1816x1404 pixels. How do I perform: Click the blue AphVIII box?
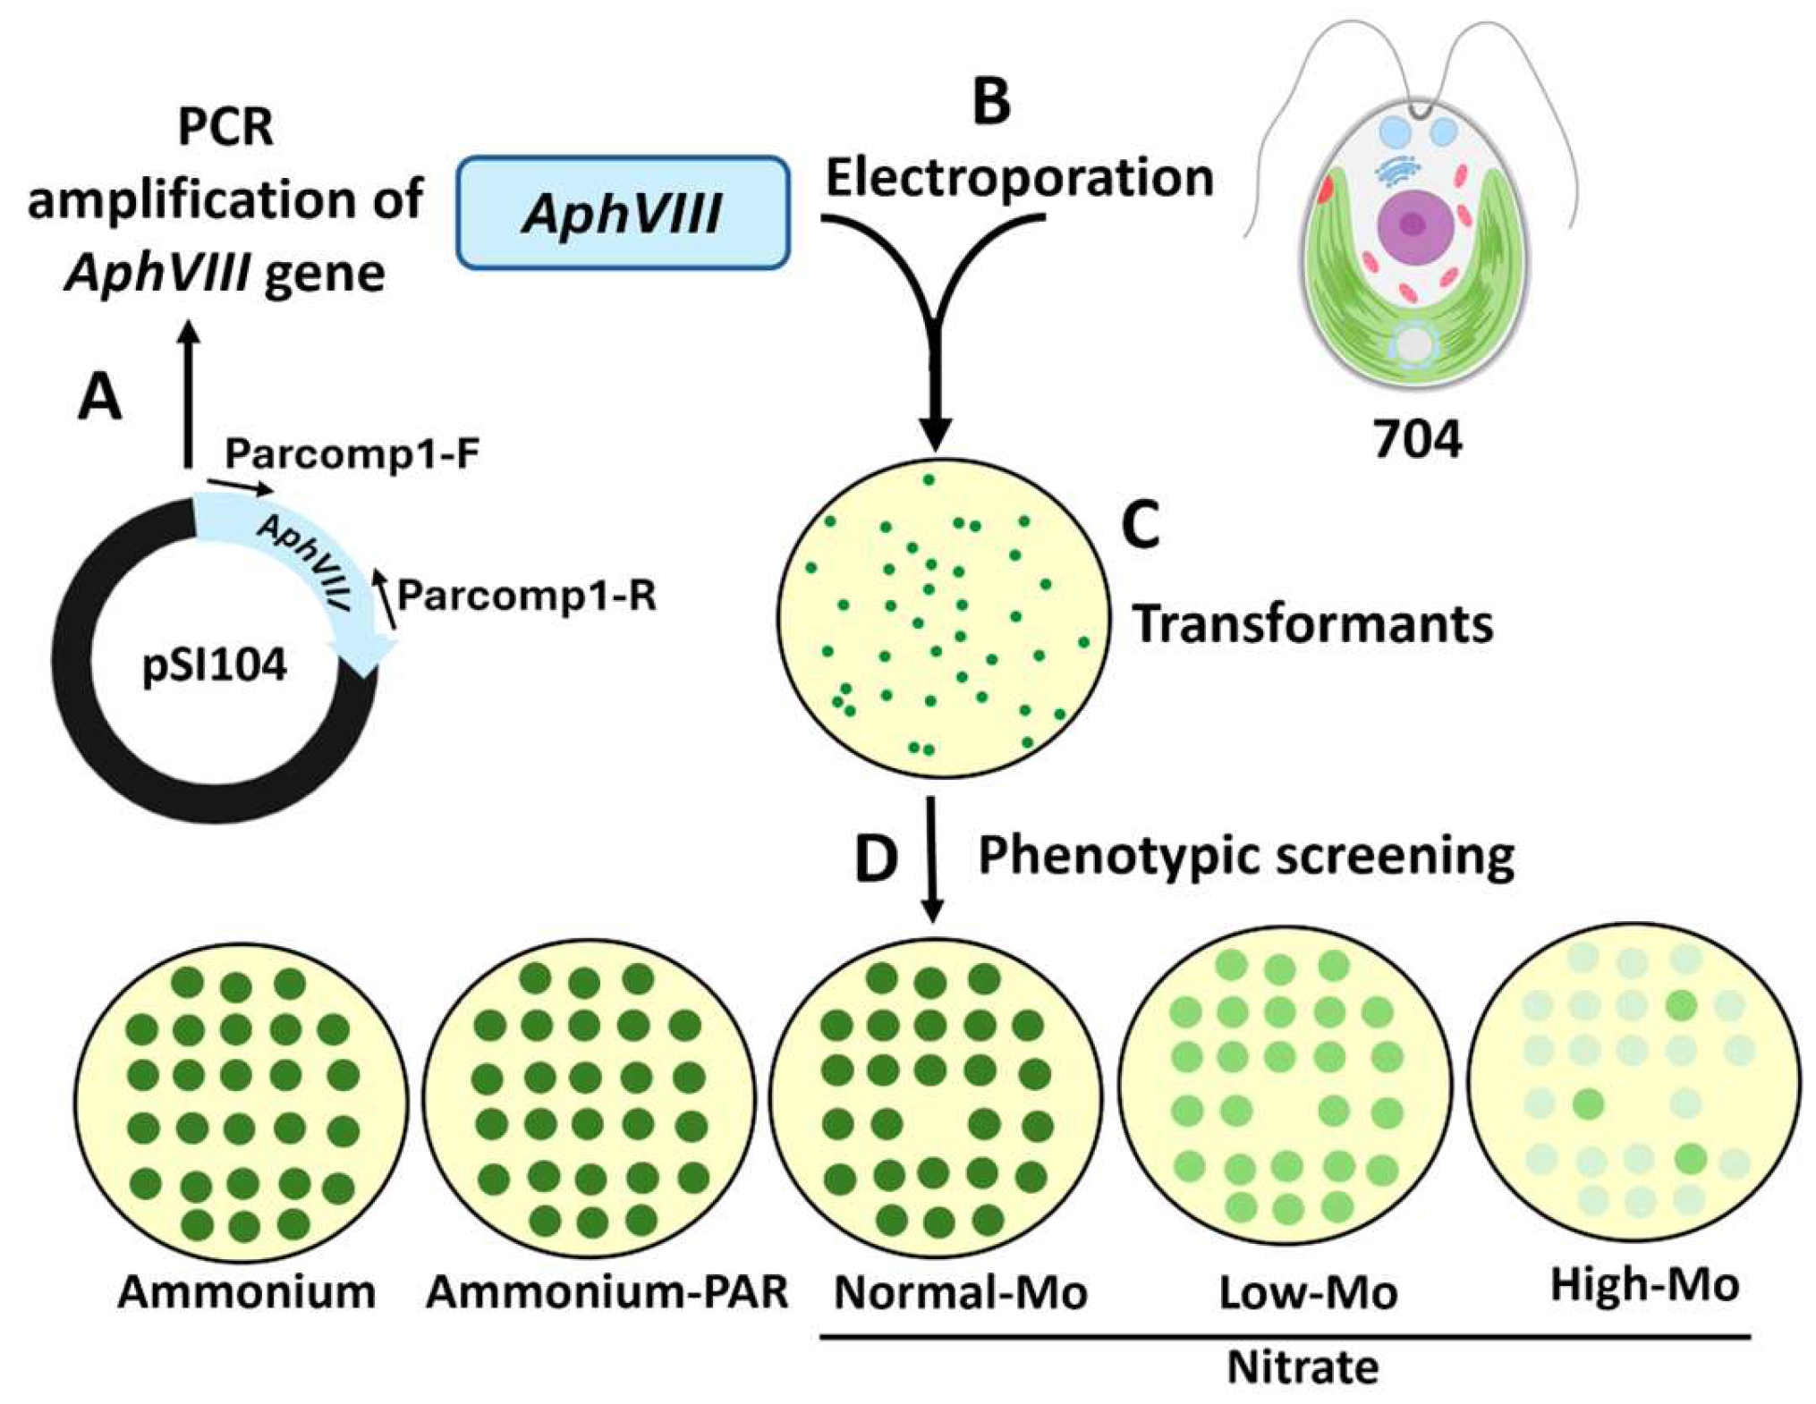pyautogui.click(x=623, y=213)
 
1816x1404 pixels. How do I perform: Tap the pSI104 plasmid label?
pyautogui.click(x=215, y=665)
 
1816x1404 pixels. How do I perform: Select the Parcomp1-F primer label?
pyautogui.click(x=352, y=453)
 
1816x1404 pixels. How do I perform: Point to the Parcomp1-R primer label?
pyautogui.click(x=527, y=595)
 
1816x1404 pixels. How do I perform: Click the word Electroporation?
pyautogui.click(x=1019, y=179)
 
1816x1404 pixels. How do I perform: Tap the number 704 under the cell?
pyautogui.click(x=1418, y=439)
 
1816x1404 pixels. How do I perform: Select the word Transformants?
pyautogui.click(x=1313, y=623)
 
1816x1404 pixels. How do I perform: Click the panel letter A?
pyautogui.click(x=99, y=397)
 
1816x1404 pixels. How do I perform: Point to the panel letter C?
pyautogui.click(x=1141, y=525)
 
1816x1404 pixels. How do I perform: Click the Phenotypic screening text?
pyautogui.click(x=1246, y=856)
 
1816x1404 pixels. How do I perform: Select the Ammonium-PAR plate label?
pyautogui.click(x=607, y=1292)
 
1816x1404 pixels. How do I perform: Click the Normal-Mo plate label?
pyautogui.click(x=961, y=1292)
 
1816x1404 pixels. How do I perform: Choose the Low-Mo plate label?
pyautogui.click(x=1308, y=1292)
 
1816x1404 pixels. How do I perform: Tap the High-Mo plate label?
pyautogui.click(x=1645, y=1286)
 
